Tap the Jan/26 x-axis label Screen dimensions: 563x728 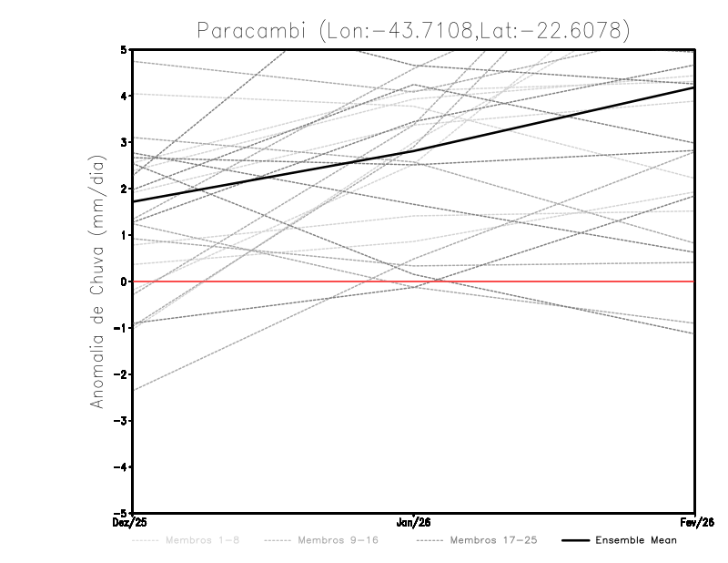pyautogui.click(x=414, y=522)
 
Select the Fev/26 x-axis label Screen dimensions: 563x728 pyautogui.click(x=694, y=522)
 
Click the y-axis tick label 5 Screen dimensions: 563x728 pyautogui.click(x=123, y=49)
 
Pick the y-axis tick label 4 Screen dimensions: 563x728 pyautogui.click(x=123, y=96)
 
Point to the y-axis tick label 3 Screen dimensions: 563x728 pyautogui.click(x=123, y=142)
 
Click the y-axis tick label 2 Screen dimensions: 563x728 pyautogui.click(x=123, y=189)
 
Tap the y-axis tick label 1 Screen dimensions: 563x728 pyautogui.click(x=123, y=235)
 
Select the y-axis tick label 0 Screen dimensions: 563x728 pyautogui.click(x=123, y=281)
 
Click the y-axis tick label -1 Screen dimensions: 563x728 pyautogui.click(x=120, y=328)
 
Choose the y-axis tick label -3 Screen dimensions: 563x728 pyautogui.click(x=120, y=421)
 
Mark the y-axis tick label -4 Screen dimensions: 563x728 pyautogui.click(x=120, y=466)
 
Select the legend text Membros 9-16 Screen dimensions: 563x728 pyautogui.click(x=338, y=540)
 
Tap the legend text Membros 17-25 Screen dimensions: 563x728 pyautogui.click(x=493, y=540)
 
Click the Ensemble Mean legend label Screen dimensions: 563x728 pyautogui.click(x=635, y=540)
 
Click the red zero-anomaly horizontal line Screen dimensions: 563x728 pyautogui.click(x=546, y=281)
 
